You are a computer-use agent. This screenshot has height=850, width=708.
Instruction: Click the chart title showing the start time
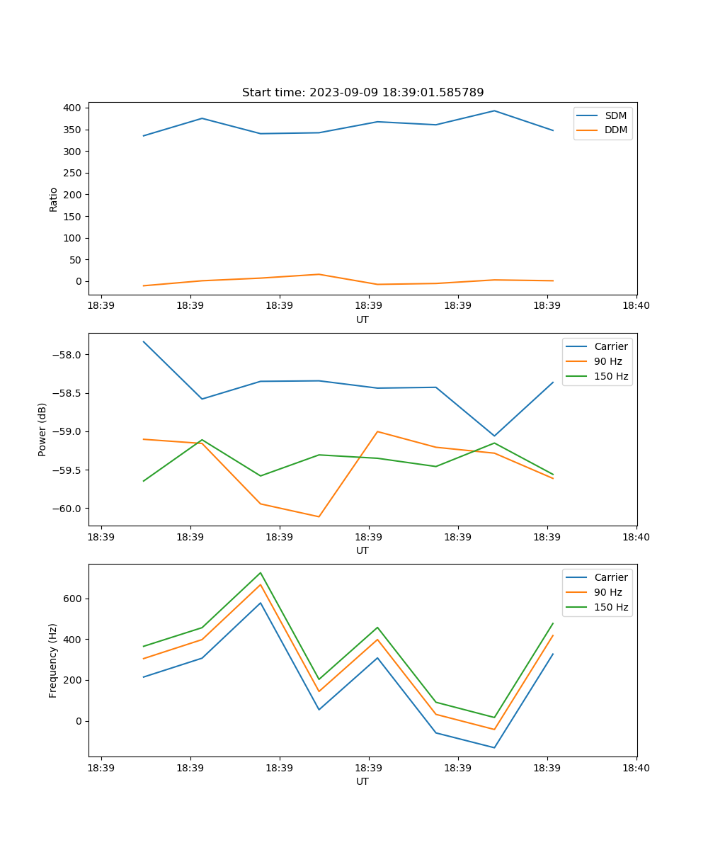click(x=362, y=93)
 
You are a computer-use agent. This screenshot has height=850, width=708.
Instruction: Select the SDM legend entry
click(x=615, y=115)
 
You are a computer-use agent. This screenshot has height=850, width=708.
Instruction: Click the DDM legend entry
click(x=615, y=130)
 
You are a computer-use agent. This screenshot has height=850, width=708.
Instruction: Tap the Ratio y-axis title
click(x=54, y=199)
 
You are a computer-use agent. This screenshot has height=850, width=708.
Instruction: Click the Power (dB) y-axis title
click(x=42, y=429)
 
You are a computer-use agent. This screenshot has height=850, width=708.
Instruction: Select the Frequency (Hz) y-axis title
click(x=53, y=660)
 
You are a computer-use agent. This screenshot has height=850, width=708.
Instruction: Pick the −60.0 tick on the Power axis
click(x=68, y=509)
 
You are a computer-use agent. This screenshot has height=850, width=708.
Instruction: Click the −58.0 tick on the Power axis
click(x=68, y=355)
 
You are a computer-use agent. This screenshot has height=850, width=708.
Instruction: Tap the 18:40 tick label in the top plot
click(x=636, y=306)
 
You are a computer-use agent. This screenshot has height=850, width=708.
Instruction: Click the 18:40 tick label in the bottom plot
click(x=636, y=768)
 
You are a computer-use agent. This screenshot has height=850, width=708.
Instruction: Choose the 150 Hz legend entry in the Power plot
click(x=610, y=377)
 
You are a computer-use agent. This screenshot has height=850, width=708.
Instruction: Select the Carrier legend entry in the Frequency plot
click(x=610, y=577)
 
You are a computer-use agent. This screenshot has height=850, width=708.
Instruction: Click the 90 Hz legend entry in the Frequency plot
click(x=607, y=592)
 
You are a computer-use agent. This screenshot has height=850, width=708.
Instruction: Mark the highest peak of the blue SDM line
click(x=494, y=110)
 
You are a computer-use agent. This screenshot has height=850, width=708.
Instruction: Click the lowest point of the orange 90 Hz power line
click(x=319, y=516)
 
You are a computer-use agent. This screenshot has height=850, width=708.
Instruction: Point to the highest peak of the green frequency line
click(x=261, y=572)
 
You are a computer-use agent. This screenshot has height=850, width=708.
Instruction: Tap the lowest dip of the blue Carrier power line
click(x=494, y=436)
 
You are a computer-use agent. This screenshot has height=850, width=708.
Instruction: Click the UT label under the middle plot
click(x=362, y=550)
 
